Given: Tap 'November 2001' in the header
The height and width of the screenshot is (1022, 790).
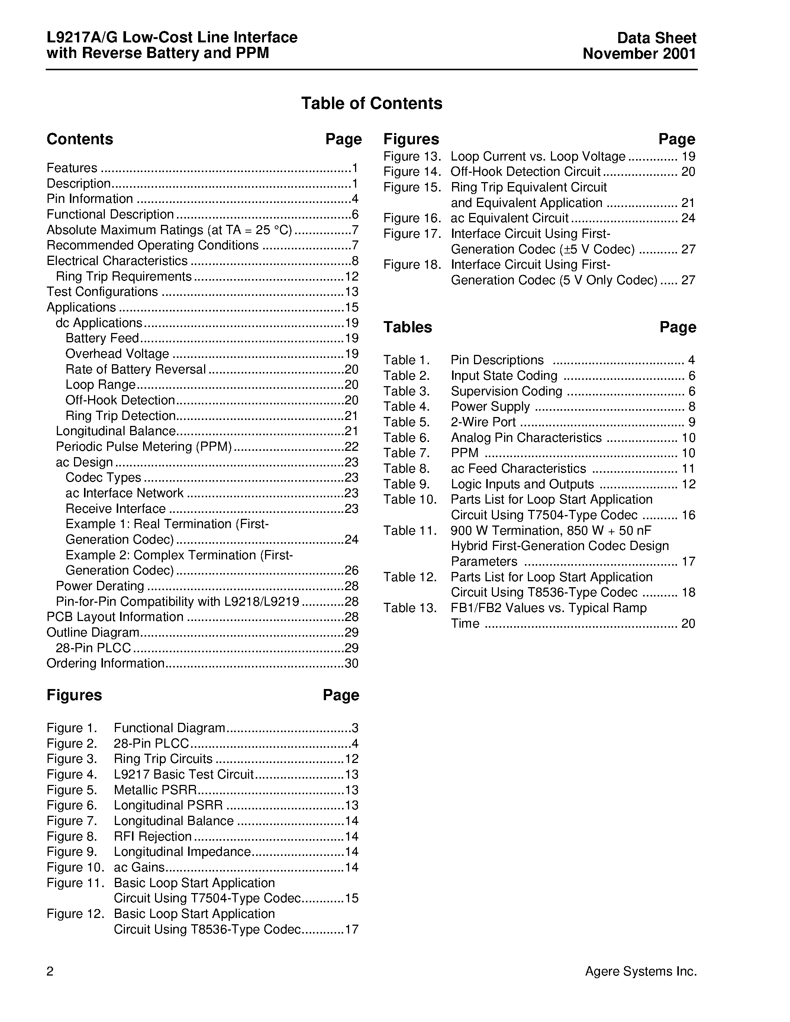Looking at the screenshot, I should (639, 54).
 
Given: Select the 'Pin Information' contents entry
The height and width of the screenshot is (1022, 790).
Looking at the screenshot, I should (90, 199).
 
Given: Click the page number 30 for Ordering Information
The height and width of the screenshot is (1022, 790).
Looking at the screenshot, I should (351, 663).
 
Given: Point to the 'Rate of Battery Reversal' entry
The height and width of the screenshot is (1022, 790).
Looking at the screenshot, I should (135, 369).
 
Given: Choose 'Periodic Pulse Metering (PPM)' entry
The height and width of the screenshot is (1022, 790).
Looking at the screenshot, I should (144, 446).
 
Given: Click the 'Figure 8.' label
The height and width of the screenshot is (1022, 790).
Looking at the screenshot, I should (72, 836).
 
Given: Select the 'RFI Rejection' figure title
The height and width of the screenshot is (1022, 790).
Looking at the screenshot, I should (152, 836).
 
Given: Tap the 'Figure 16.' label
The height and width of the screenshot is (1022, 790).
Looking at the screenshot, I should (412, 218).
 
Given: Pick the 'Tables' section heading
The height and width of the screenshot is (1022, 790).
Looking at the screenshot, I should (407, 327).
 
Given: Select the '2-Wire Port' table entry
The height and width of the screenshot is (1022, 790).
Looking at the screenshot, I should (483, 422).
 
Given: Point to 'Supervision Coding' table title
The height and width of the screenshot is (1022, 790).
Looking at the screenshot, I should (506, 391).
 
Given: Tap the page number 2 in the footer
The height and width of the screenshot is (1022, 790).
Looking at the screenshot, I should (50, 972).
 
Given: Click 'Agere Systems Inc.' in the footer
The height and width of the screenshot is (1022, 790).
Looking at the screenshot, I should (641, 971).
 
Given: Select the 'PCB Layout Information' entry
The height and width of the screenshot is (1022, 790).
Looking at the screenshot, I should (115, 617).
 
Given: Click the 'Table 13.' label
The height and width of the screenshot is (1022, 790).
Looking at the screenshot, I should (410, 608).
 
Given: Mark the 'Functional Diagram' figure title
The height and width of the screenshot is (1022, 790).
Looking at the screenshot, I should (170, 728).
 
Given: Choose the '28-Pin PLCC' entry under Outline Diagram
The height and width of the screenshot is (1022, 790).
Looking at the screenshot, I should (93, 648).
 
